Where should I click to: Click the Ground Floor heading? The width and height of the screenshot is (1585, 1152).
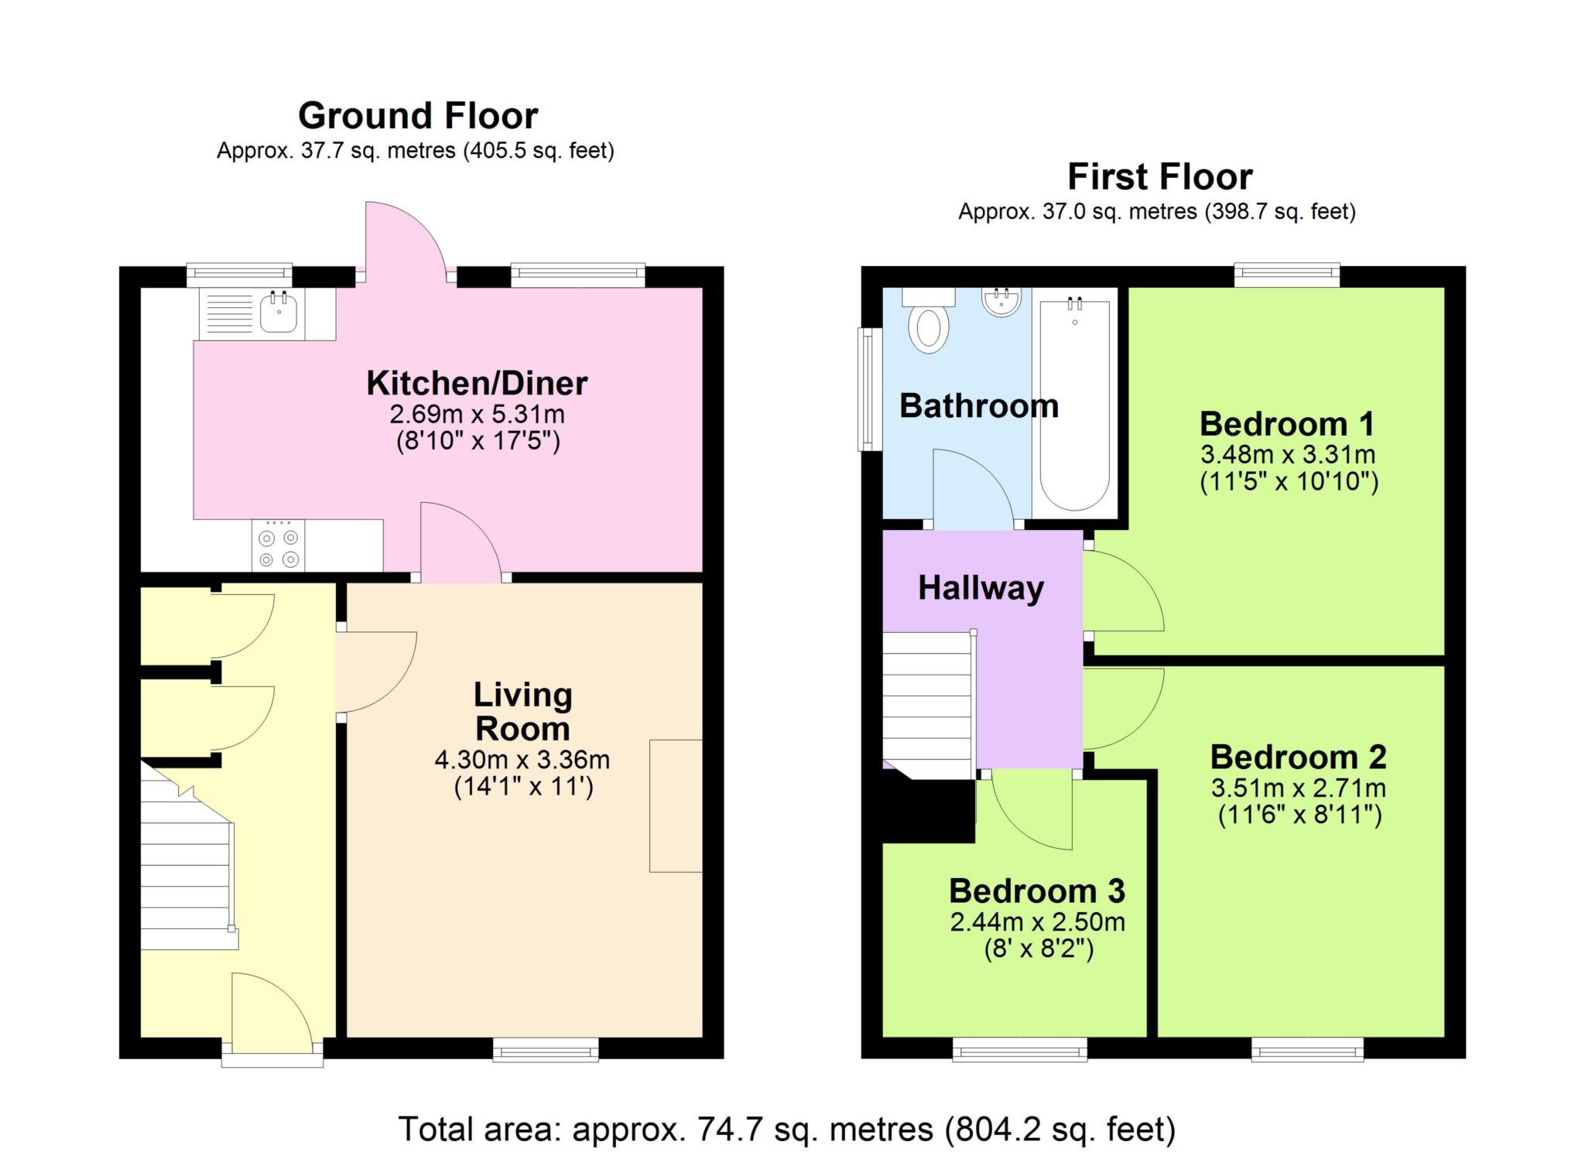418,116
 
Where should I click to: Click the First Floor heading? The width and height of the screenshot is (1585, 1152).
1159,177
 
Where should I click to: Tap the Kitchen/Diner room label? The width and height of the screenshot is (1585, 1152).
477,383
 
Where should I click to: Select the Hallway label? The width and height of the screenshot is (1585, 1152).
981,588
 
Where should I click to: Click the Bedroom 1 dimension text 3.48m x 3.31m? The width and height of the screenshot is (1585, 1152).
1288,454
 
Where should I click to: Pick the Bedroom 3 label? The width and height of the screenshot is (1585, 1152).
1036,891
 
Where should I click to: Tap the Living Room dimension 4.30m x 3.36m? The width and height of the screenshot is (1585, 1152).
522,760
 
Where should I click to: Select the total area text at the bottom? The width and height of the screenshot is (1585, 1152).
787,1130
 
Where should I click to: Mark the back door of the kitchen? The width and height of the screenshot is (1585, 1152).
404,240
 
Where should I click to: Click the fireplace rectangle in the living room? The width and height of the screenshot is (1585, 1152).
676,806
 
